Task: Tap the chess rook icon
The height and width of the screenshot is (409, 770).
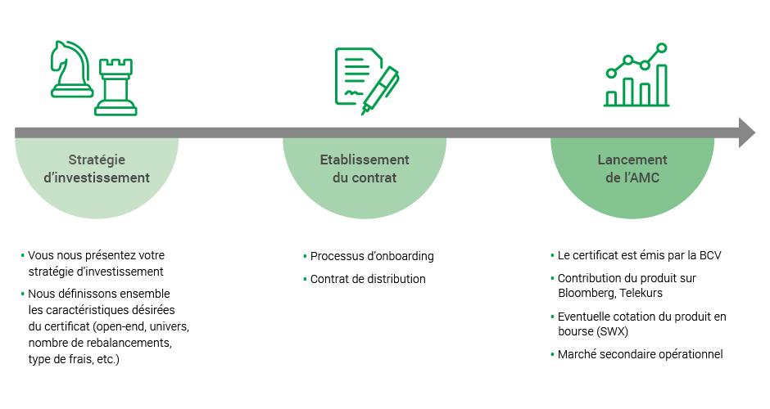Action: tap(115, 87)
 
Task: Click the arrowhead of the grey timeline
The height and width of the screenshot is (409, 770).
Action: tap(746, 133)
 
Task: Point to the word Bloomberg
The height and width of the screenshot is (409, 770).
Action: tap(581, 293)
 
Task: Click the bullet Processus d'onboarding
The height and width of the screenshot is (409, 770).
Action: tap(371, 256)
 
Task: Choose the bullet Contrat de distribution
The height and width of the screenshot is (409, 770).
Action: tap(367, 279)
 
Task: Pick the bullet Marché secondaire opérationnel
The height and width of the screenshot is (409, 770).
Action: tap(640, 354)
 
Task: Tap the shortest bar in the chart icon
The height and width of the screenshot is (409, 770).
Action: tap(611, 97)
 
